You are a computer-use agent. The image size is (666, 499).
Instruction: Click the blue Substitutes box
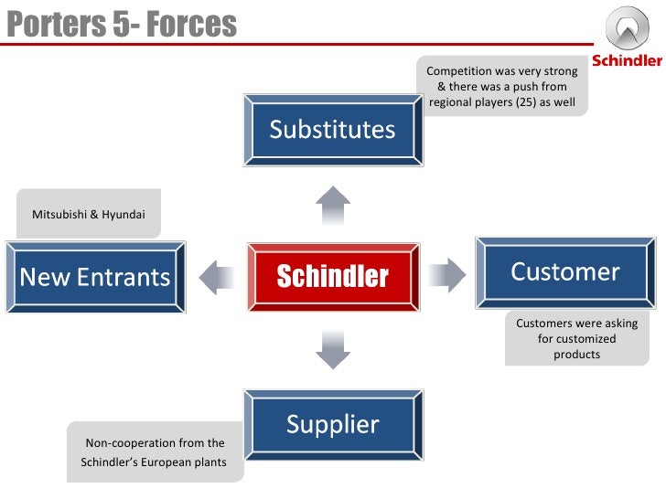[x=332, y=129]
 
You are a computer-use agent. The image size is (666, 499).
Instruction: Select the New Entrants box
[x=95, y=276]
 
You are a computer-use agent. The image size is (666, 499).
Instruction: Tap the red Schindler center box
[x=333, y=276]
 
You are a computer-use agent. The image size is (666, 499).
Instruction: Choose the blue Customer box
[x=564, y=271]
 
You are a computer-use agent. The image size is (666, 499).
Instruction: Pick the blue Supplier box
[x=332, y=424]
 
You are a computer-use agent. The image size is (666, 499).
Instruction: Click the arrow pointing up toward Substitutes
[x=332, y=205]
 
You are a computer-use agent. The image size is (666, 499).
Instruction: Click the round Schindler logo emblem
[x=628, y=30]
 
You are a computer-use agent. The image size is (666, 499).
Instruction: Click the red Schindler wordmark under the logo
[x=627, y=61]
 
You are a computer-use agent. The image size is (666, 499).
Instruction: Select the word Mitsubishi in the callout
[x=59, y=215]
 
